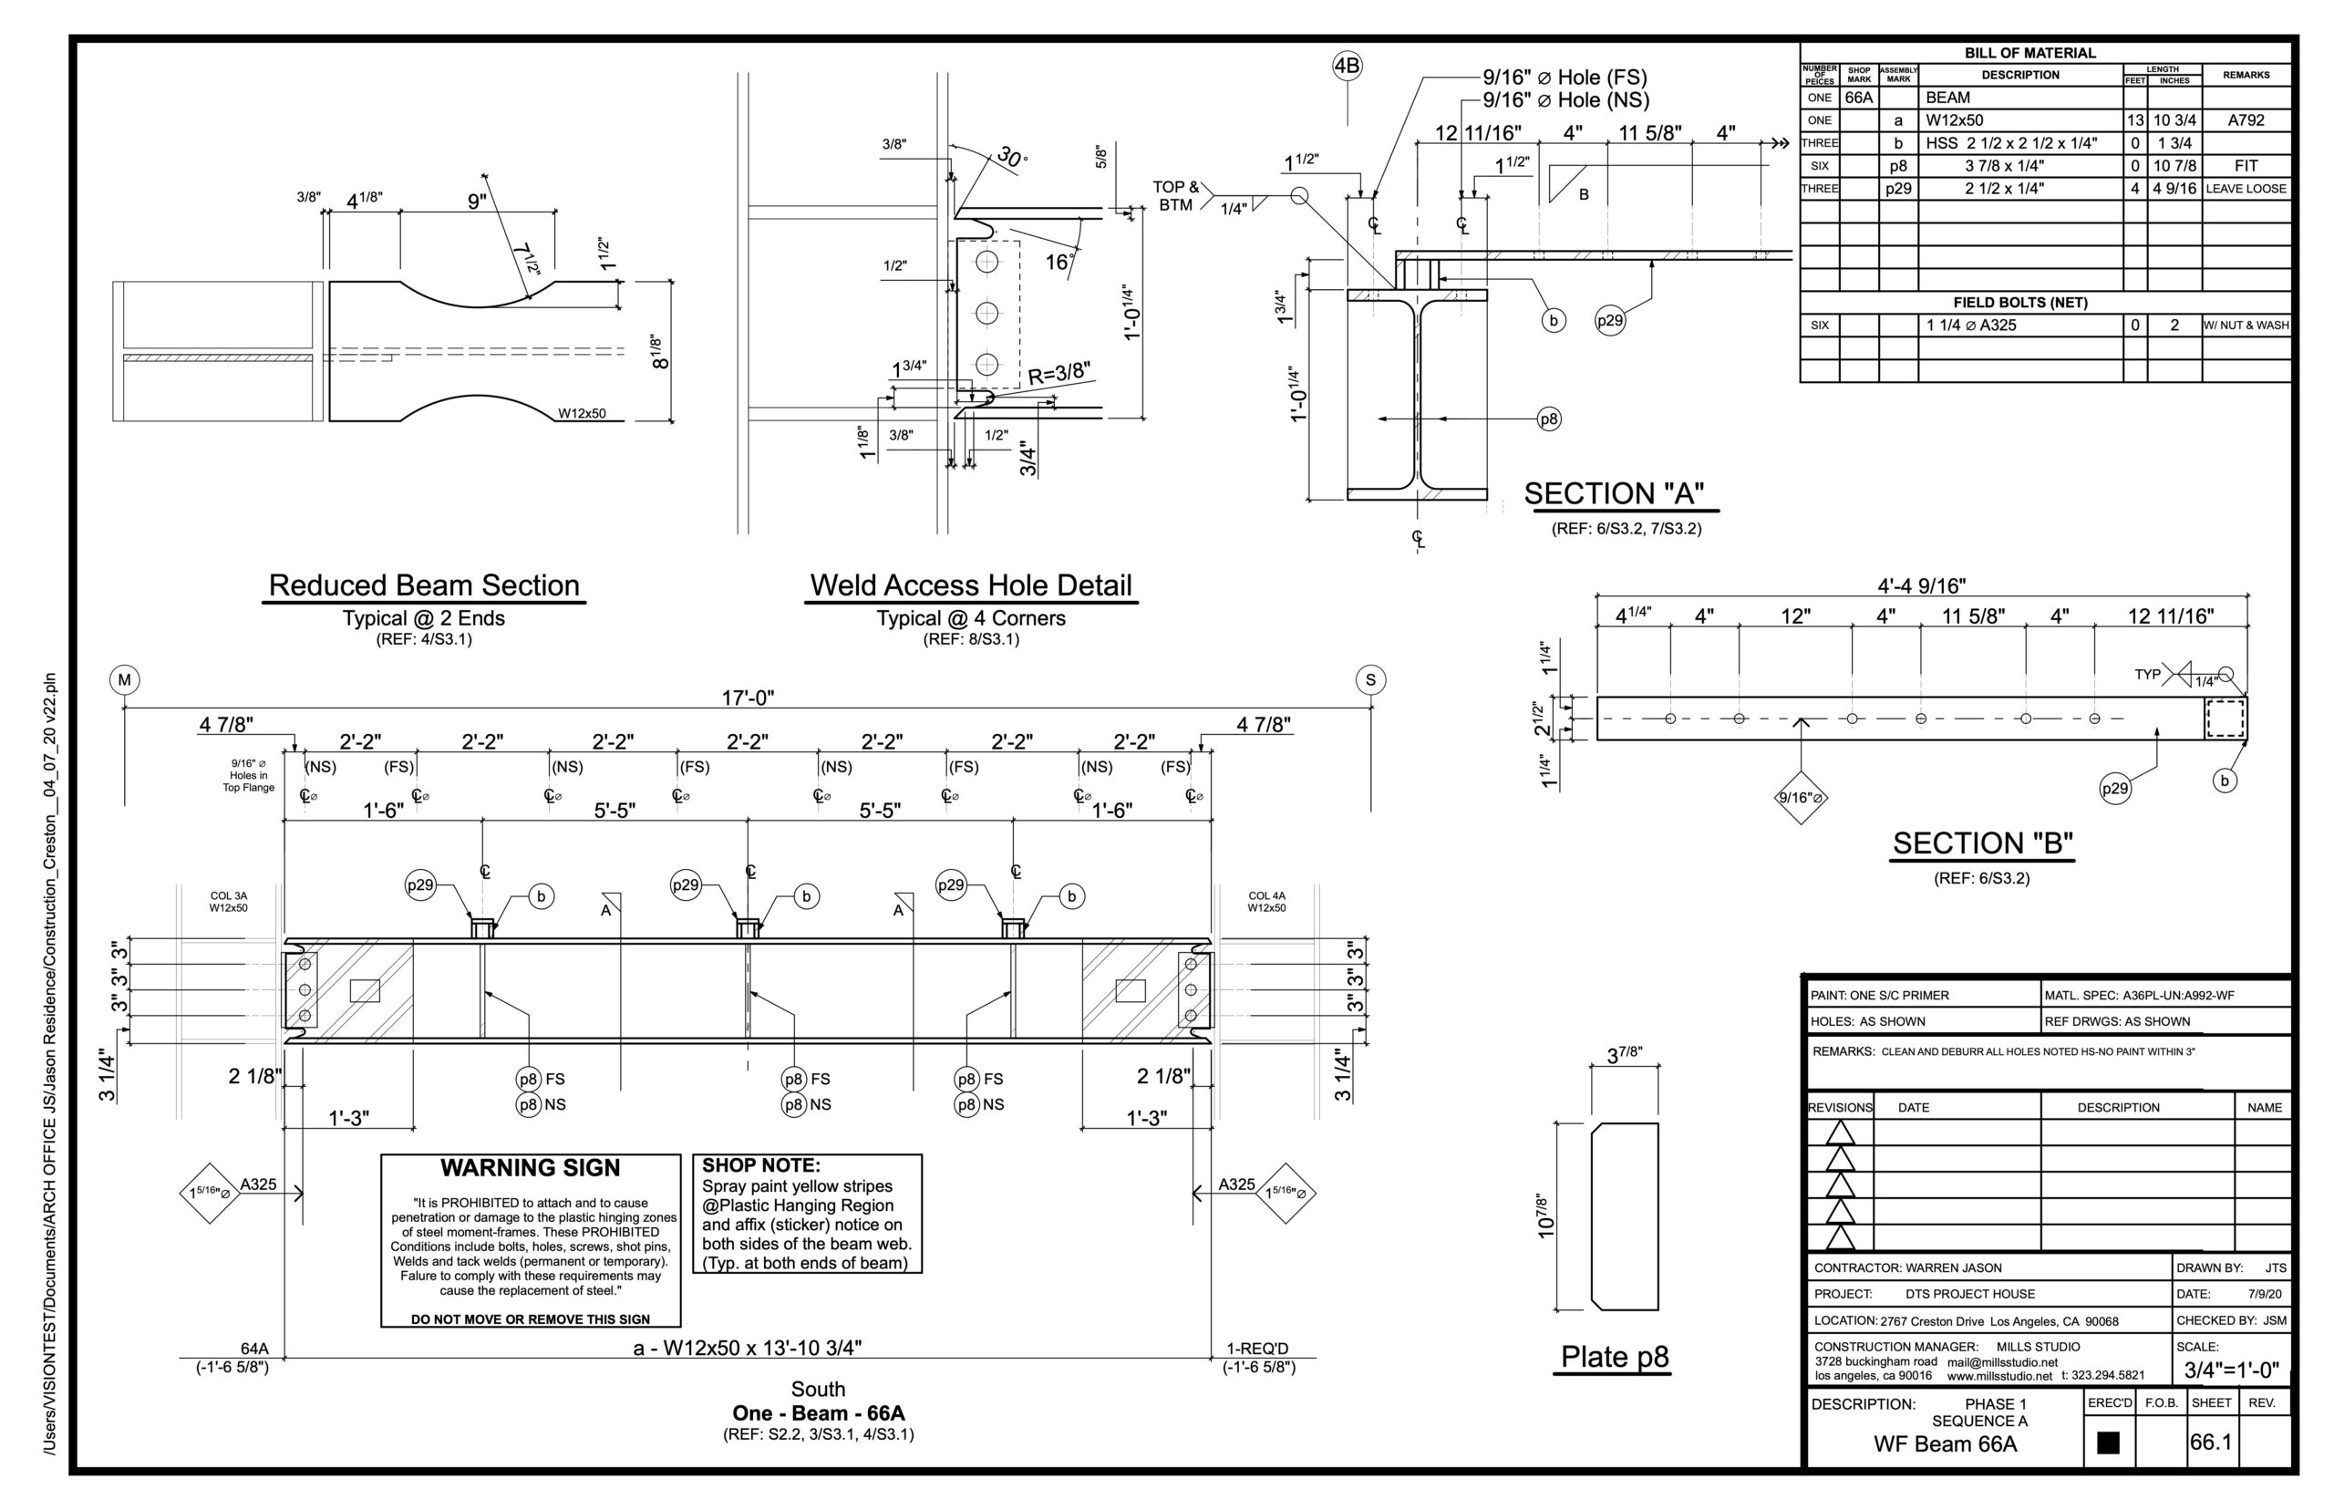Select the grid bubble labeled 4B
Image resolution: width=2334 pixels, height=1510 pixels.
tap(1347, 66)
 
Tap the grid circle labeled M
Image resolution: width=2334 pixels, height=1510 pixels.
tap(125, 679)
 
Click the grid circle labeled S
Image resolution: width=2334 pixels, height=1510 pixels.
tap(1369, 679)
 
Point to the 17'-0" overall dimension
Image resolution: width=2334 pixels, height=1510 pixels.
tap(748, 698)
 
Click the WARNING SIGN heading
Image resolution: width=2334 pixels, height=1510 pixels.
tap(530, 1168)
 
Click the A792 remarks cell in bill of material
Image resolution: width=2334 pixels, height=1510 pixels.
tap(2245, 120)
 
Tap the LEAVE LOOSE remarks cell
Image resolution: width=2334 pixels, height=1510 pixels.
tap(2245, 188)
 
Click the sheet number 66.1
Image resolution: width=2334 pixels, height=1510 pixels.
tap(2211, 1442)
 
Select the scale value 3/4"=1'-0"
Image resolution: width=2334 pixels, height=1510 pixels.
tap(2231, 1370)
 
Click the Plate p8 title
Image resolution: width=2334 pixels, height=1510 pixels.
tap(1614, 1357)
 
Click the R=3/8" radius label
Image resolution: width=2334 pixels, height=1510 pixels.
tap(1058, 373)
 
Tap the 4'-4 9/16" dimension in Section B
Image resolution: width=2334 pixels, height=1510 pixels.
tap(1921, 586)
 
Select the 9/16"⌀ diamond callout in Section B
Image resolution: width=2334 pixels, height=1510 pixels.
tap(1800, 797)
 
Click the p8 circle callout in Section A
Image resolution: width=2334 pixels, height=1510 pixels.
tap(1548, 419)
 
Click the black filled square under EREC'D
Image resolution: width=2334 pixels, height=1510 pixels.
tap(2107, 1443)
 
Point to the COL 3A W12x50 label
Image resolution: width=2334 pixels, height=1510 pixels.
tap(229, 901)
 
